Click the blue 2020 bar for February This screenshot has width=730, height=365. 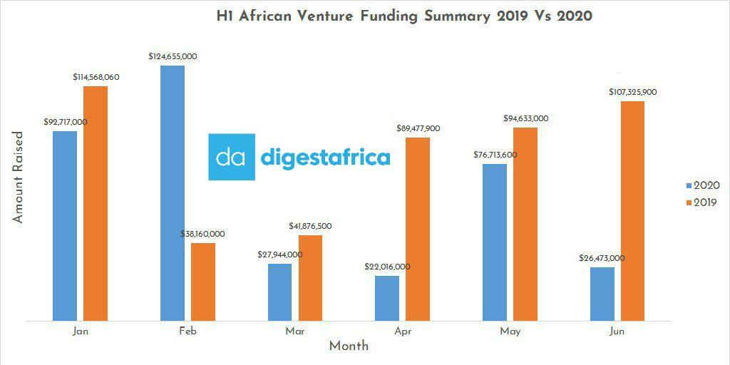click(173, 193)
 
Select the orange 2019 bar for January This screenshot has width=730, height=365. click(96, 203)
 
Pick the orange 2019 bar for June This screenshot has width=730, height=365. click(632, 211)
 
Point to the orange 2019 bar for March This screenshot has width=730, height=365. click(310, 278)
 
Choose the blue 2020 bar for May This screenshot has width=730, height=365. click(495, 242)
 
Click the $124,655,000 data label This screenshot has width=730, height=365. click(173, 56)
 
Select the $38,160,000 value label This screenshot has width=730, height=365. click(202, 234)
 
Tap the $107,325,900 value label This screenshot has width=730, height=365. click(632, 92)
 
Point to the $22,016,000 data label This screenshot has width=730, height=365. click(387, 267)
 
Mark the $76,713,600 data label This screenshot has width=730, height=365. click(495, 155)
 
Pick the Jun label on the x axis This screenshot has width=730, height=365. click(617, 331)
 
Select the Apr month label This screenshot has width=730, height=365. click(402, 331)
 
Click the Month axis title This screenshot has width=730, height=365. click(349, 346)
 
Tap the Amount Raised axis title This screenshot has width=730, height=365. click(19, 177)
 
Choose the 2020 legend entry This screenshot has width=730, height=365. click(701, 185)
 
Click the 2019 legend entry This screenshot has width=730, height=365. click(701, 202)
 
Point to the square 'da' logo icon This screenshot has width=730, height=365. click(232, 157)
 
